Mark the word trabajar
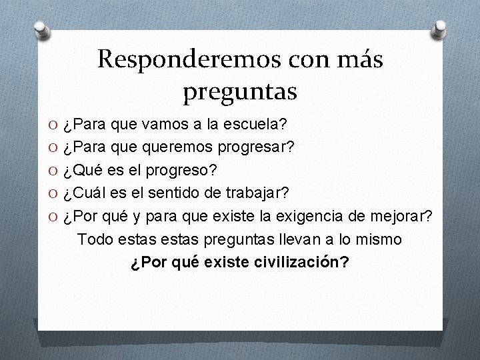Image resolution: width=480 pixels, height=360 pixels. [257, 193]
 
